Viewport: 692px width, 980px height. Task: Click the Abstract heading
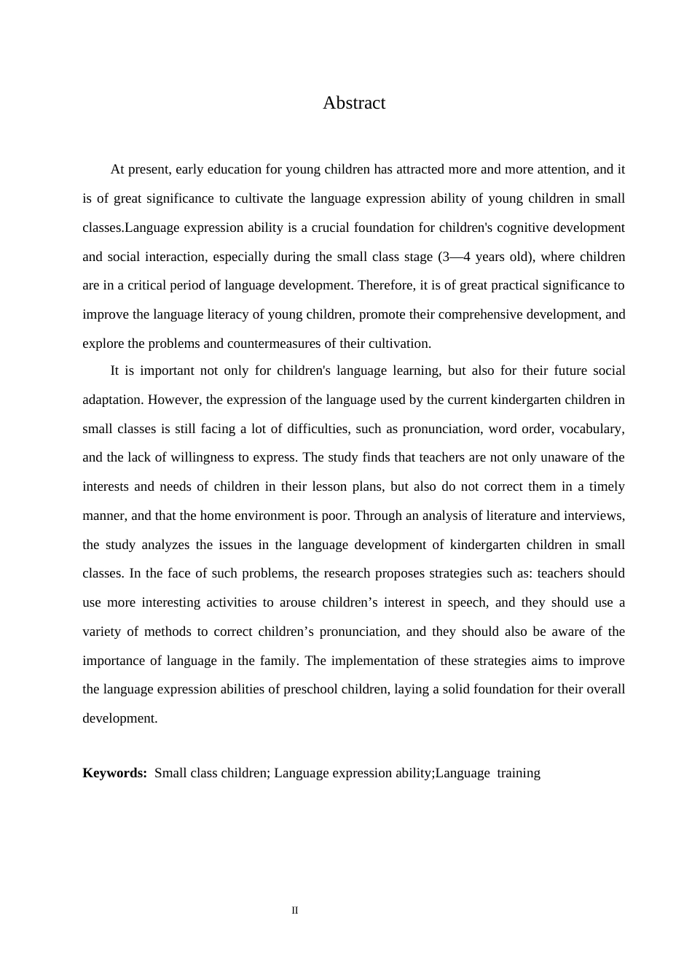354,103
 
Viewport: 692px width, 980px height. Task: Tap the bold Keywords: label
114,773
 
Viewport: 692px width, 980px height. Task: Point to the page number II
295,911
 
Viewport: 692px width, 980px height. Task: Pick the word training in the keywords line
519,773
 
